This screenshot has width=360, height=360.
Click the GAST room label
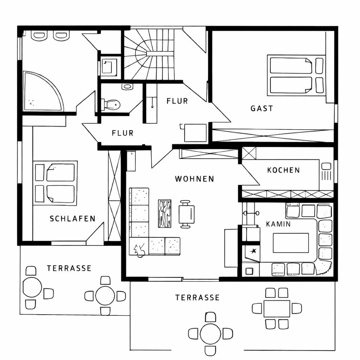coord(262,109)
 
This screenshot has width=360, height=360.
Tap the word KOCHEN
coord(283,170)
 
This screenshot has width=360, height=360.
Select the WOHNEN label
coord(195,179)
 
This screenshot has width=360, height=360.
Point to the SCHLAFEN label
coord(73,219)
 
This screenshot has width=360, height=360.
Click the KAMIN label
coord(278,224)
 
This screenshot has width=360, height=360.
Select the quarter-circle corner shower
coord(40,93)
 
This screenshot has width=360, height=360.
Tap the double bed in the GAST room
coord(295,75)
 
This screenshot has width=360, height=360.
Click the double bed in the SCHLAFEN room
coord(55,183)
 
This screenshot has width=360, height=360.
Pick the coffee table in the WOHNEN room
coord(165,213)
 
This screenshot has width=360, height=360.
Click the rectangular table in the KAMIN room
coord(291,243)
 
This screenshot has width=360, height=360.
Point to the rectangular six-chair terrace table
coord(277,308)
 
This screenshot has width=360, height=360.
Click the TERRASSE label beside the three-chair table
coord(69,268)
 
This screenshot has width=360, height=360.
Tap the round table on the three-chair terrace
coord(32,287)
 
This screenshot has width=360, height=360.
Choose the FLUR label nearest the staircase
coord(177,101)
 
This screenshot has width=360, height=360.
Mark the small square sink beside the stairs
coord(109,66)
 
